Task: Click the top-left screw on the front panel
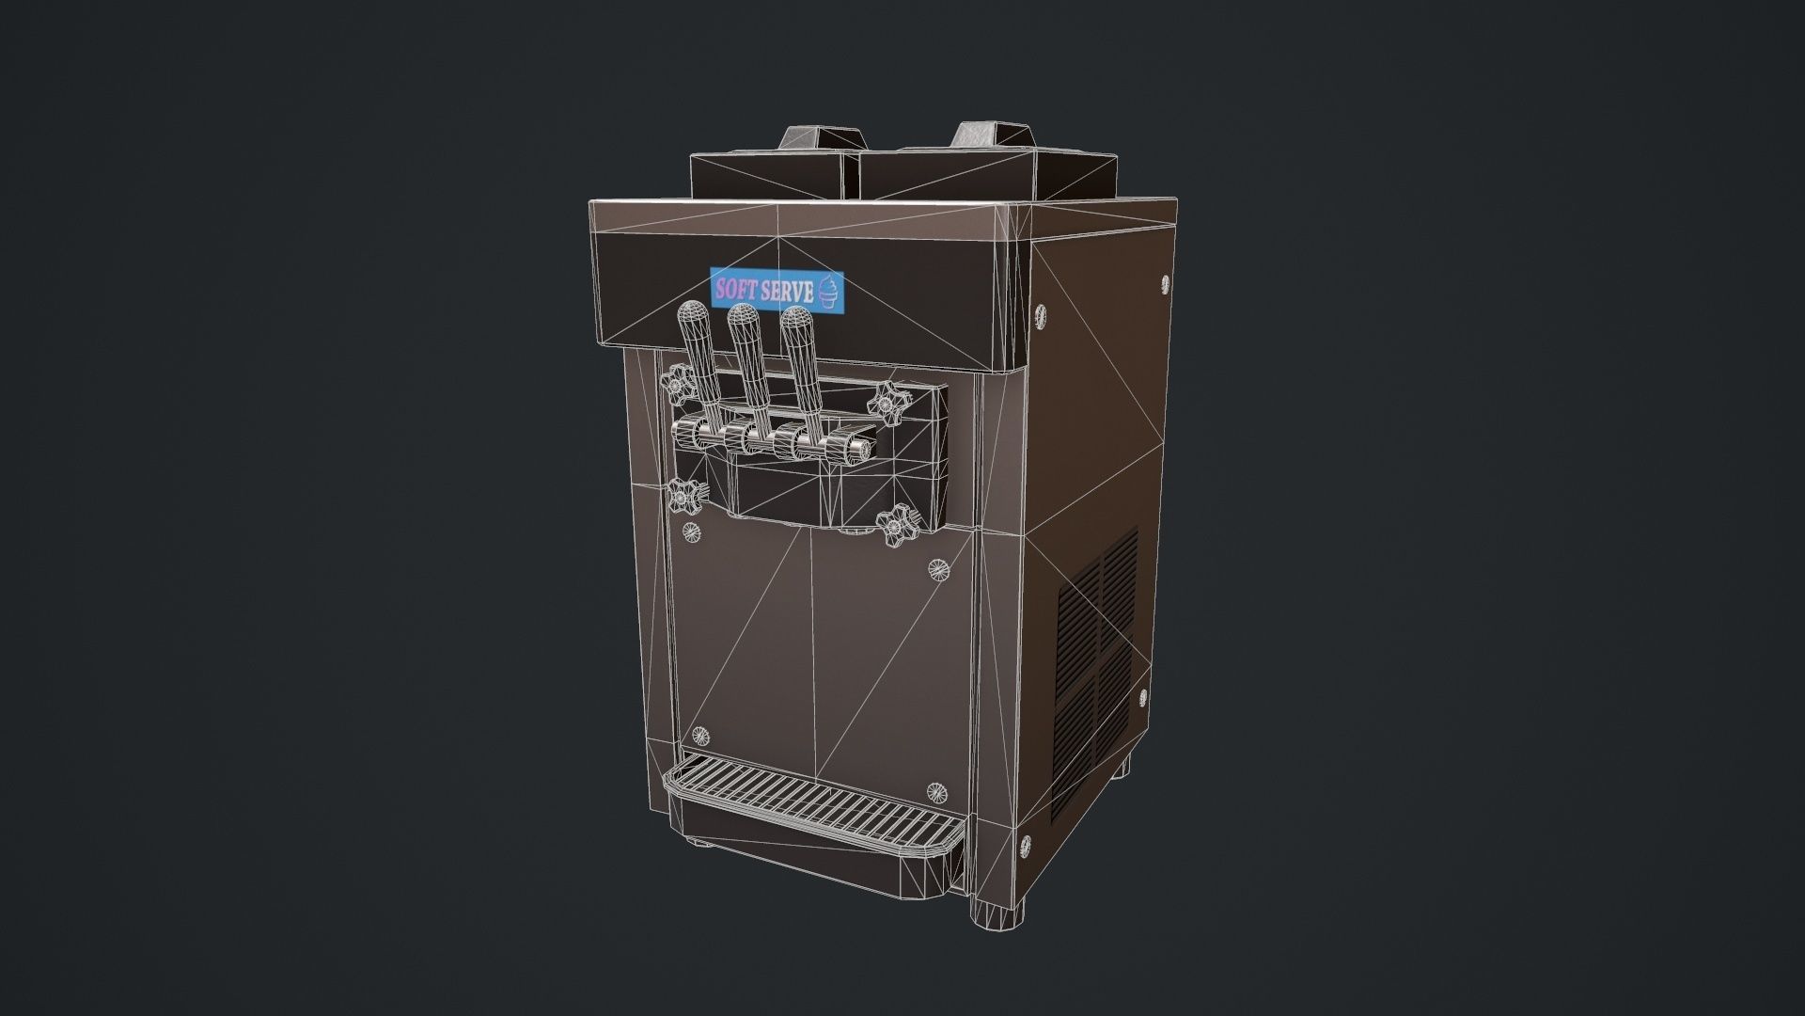[692, 532]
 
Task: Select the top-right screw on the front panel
[937, 567]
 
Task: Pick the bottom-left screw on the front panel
[698, 735]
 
